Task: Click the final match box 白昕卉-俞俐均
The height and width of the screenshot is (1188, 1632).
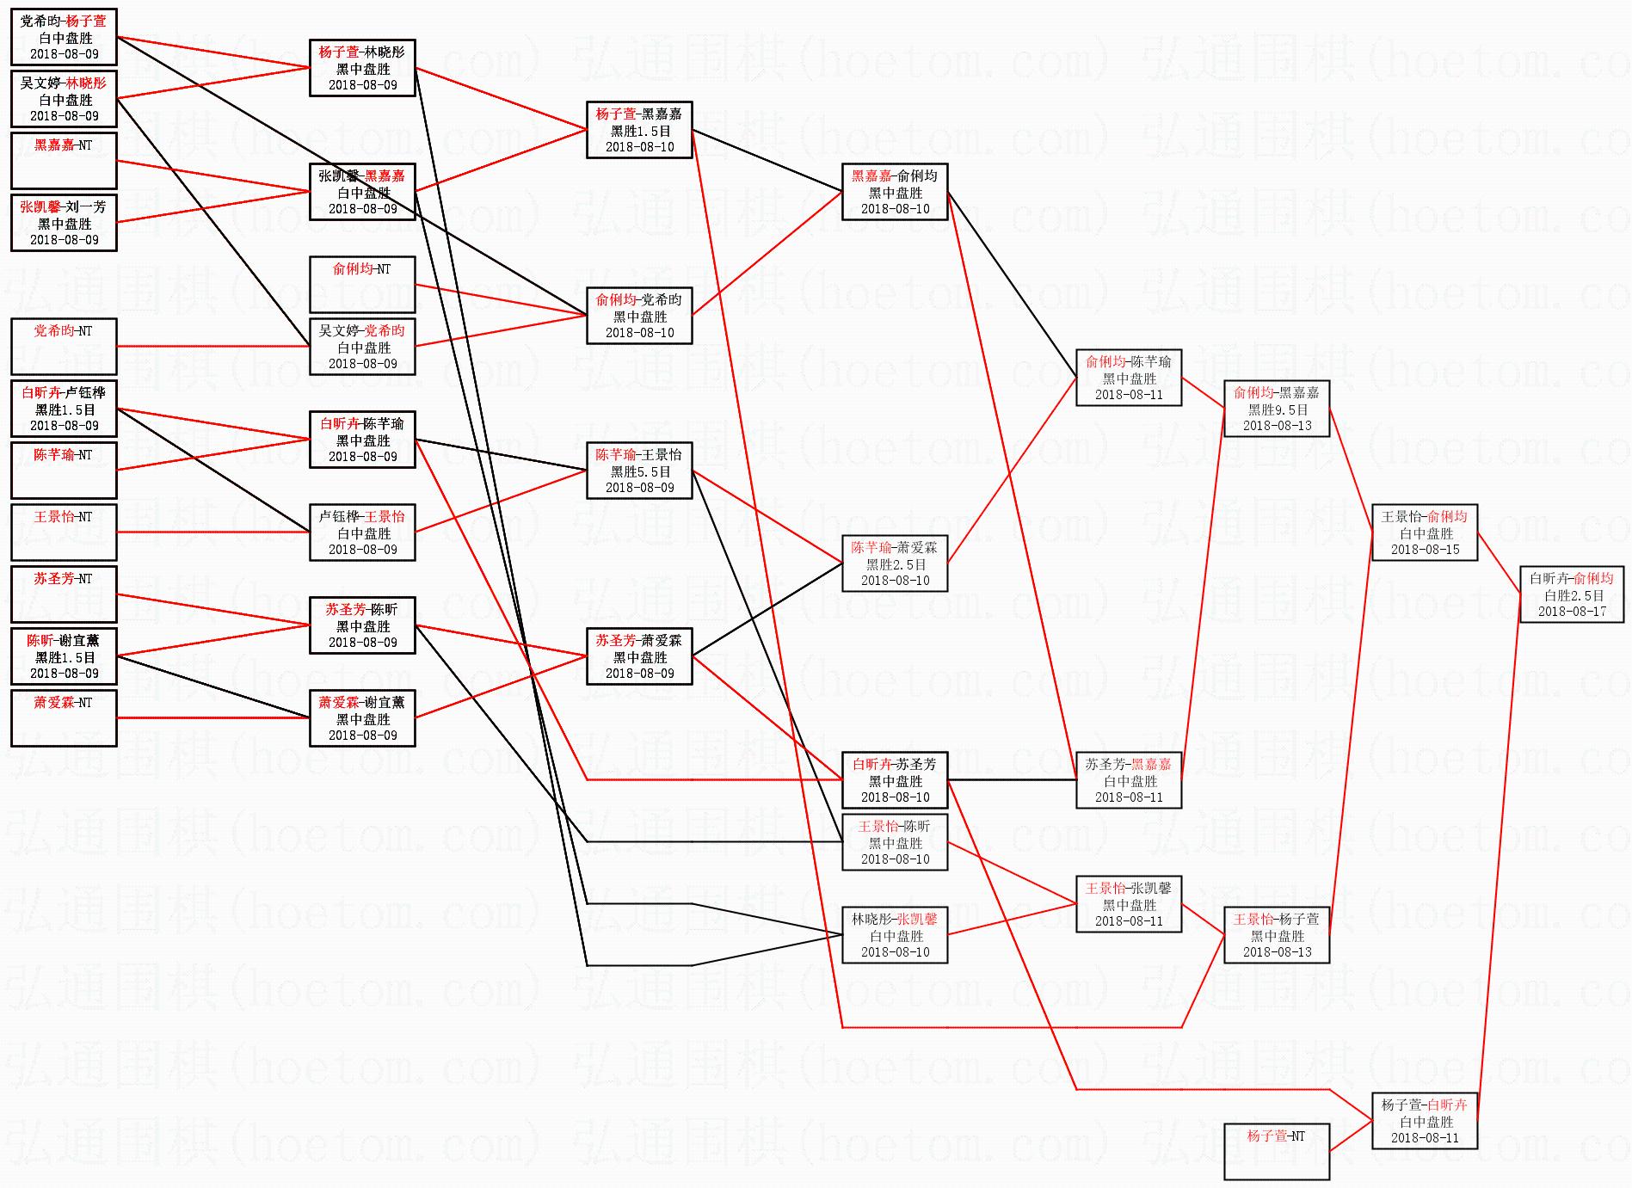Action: pyautogui.click(x=1572, y=594)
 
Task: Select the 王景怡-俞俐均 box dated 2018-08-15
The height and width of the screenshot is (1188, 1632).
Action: pyautogui.click(x=1424, y=532)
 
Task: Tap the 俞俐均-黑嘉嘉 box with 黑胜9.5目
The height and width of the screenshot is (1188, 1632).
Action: pyautogui.click(x=1277, y=409)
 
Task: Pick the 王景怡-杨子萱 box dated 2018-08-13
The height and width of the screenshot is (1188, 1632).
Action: pyautogui.click(x=1277, y=935)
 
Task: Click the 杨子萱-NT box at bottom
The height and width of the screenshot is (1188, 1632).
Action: pyautogui.click(x=1277, y=1151)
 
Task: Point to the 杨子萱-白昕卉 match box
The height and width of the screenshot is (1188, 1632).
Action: pyautogui.click(x=1424, y=1121)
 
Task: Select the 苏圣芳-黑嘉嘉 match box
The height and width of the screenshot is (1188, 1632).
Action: pyautogui.click(x=1129, y=780)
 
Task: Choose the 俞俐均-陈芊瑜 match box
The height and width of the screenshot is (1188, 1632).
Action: pyautogui.click(x=1129, y=378)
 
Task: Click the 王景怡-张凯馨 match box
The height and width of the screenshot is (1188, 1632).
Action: pyautogui.click(x=1129, y=904)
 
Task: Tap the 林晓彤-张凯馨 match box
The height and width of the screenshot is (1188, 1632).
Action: pyautogui.click(x=895, y=935)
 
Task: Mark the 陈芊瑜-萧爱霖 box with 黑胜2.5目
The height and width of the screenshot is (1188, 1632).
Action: pyautogui.click(x=895, y=563)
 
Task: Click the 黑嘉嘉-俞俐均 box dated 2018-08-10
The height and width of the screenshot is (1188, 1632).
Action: pyautogui.click(x=895, y=192)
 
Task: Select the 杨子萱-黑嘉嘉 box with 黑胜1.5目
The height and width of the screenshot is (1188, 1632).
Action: pyautogui.click(x=639, y=130)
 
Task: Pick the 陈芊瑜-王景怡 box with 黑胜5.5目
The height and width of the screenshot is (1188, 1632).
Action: pyautogui.click(x=639, y=471)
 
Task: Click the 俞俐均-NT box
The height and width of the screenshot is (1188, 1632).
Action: pyautogui.click(x=362, y=285)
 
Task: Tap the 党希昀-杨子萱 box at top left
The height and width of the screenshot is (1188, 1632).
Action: pyautogui.click(x=64, y=37)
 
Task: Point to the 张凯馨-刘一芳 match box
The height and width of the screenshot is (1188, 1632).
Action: pyautogui.click(x=64, y=223)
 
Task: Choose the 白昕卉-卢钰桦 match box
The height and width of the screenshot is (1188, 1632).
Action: pyautogui.click(x=64, y=409)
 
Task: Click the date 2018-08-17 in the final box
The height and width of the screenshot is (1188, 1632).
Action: pyautogui.click(x=1572, y=612)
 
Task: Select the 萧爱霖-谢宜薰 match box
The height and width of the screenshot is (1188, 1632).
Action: pyautogui.click(x=362, y=718)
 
